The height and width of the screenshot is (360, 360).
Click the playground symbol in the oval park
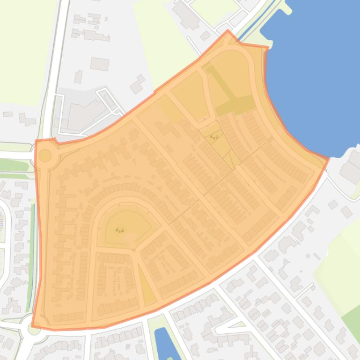[119, 230]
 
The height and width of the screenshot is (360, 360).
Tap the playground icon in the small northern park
[214, 137]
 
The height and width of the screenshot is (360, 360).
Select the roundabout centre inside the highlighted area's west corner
[45, 155]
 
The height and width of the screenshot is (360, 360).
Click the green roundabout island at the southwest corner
[33, 329]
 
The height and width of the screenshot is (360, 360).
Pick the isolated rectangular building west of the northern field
[99, 64]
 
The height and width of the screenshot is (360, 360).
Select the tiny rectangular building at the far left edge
[8, 114]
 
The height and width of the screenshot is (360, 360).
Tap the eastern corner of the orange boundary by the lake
[328, 159]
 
